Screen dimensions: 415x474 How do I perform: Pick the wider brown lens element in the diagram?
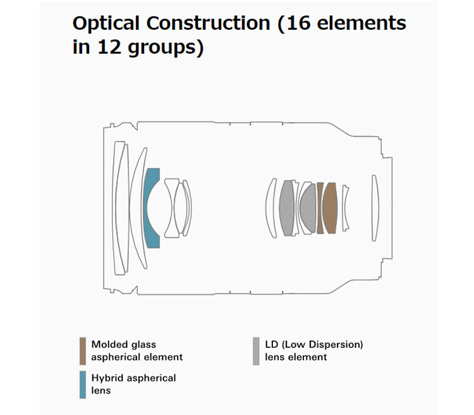pyautogui.click(x=329, y=207)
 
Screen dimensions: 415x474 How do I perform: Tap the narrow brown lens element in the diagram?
pyautogui.click(x=320, y=207)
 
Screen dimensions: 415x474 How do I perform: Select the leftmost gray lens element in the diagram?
pyautogui.click(x=287, y=207)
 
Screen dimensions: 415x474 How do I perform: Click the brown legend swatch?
pyautogui.click(x=83, y=350)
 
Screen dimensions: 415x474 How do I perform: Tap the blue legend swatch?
pyautogui.click(x=83, y=385)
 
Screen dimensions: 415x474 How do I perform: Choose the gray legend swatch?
pyautogui.click(x=256, y=350)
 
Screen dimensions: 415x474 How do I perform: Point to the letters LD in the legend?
pyautogui.click(x=270, y=345)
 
